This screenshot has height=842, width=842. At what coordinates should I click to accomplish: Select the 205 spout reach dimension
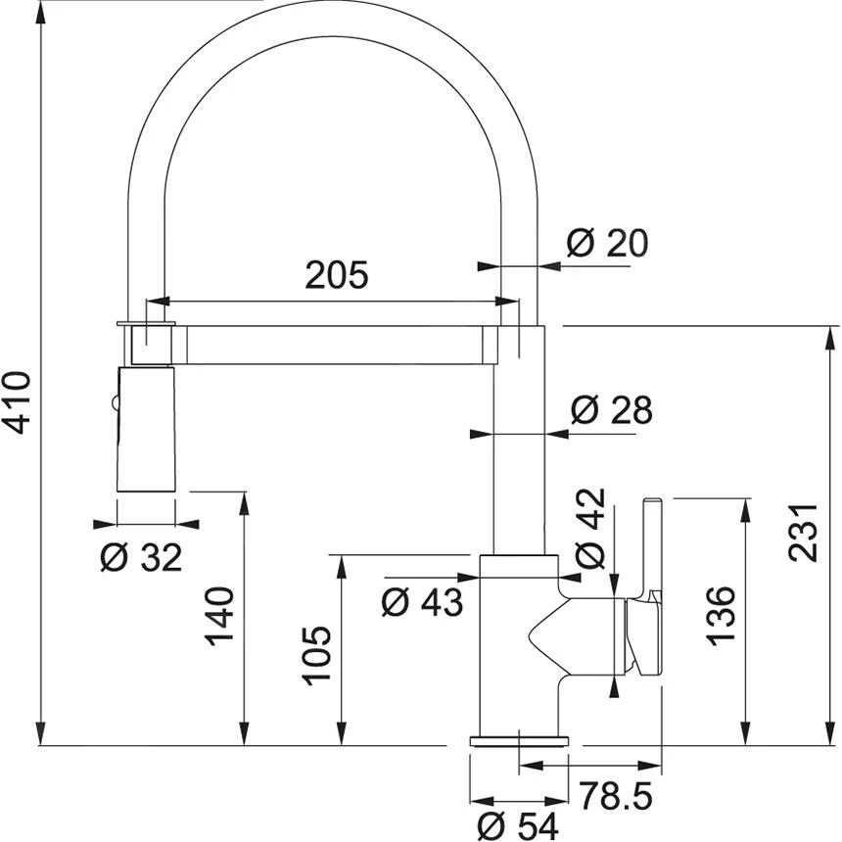point(336,275)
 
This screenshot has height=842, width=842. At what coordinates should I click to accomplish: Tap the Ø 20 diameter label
point(607,242)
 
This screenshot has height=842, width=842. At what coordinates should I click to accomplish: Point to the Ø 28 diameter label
point(611,410)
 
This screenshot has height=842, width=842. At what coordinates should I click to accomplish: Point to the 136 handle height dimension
point(721,616)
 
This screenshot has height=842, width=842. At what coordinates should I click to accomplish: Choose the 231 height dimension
point(803,533)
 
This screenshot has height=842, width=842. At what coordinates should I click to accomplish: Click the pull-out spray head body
point(146,429)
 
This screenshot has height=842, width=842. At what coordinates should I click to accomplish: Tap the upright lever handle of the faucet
point(651,548)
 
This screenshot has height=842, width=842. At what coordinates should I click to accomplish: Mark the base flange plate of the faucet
point(518,740)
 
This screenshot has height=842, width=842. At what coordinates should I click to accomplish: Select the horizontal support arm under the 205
point(333,347)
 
